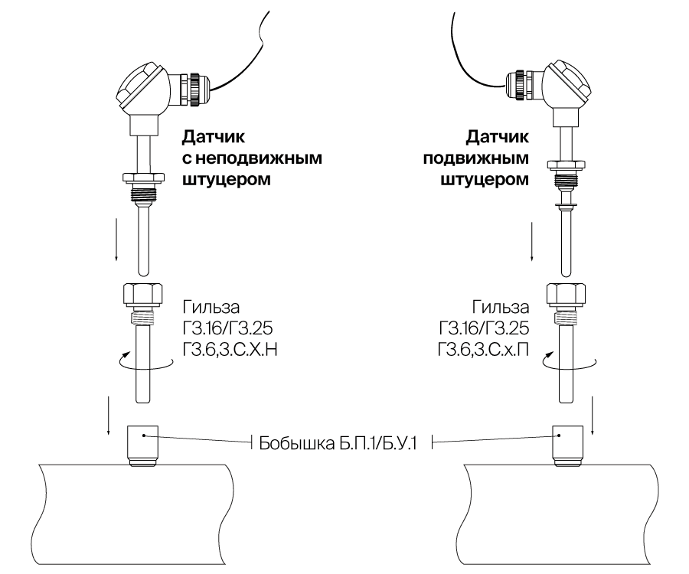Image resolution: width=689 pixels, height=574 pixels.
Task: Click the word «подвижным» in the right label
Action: click(477, 159)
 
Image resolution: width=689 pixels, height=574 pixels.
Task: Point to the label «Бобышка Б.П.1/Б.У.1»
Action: click(337, 443)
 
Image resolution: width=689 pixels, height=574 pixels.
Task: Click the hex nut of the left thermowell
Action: click(143, 295)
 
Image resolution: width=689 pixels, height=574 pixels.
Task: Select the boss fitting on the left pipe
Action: click(142, 442)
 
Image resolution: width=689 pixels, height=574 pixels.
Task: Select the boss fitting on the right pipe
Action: click(567, 442)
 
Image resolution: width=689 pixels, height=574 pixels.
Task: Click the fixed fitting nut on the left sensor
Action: click(142, 180)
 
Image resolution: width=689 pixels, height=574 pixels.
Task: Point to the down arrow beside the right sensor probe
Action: click(533, 241)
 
